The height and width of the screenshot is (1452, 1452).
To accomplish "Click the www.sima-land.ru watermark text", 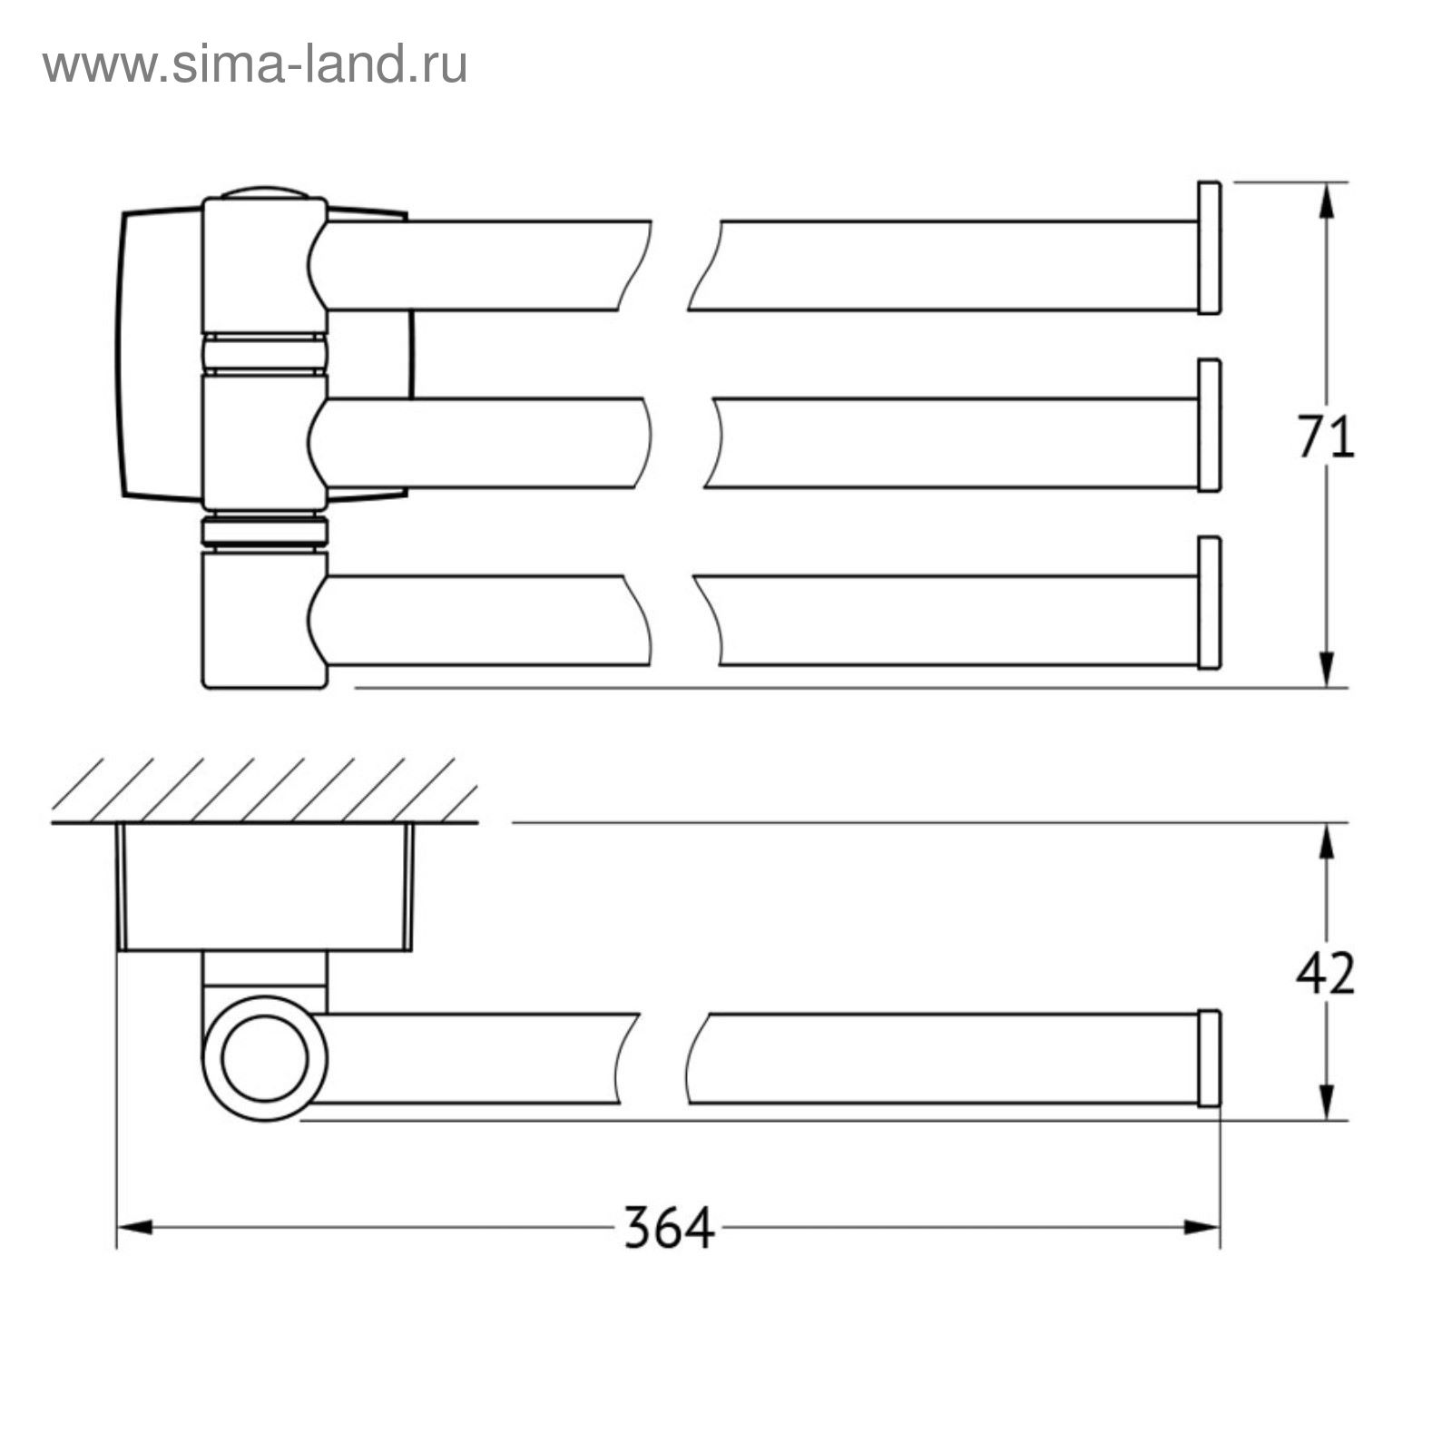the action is pyautogui.click(x=255, y=64).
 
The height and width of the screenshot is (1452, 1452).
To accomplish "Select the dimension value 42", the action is pyautogui.click(x=1325, y=973).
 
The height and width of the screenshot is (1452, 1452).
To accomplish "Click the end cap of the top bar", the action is pyautogui.click(x=1209, y=248).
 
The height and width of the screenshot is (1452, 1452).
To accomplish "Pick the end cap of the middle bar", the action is pyautogui.click(x=1209, y=426).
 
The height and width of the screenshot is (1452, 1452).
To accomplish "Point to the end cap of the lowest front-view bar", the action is pyautogui.click(x=1209, y=603).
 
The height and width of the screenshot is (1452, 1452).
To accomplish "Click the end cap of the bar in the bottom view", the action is pyautogui.click(x=1209, y=1058).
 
